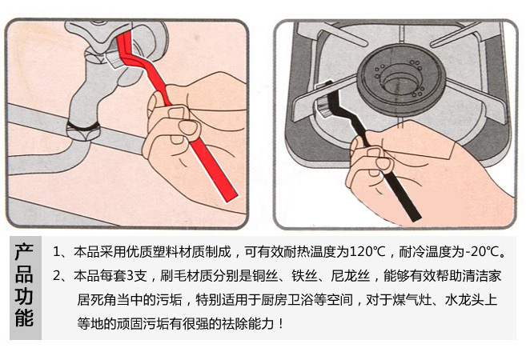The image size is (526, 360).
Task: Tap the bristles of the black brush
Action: (322, 106)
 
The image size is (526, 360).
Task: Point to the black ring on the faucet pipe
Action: (83, 126)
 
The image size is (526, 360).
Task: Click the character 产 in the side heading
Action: (24, 252)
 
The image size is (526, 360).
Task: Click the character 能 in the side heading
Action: (24, 318)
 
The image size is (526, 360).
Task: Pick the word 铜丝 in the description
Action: (265, 276)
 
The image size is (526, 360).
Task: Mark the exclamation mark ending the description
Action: (281, 324)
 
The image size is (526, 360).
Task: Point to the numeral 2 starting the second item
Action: (57, 276)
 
